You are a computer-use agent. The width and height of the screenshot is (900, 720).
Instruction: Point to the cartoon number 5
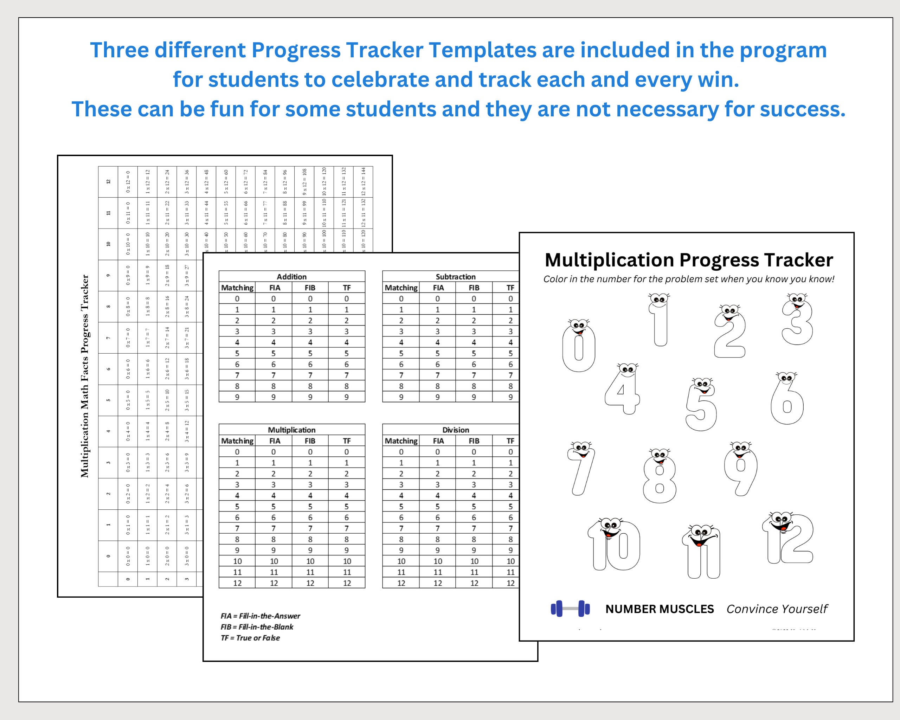pyautogui.click(x=701, y=405)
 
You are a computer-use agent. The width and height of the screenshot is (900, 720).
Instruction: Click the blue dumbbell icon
pyautogui.click(x=570, y=609)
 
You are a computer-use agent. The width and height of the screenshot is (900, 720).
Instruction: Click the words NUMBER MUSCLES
pyautogui.click(x=660, y=609)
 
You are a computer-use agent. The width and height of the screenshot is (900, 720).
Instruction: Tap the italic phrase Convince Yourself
pyautogui.click(x=777, y=609)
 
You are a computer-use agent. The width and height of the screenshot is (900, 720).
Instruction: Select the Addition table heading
pyautogui.click(x=291, y=276)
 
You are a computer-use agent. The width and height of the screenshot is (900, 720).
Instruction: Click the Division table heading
pyautogui.click(x=455, y=430)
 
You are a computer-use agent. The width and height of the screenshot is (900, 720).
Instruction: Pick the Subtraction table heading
pyautogui.click(x=455, y=276)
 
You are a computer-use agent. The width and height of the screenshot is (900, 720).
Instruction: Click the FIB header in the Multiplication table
pyautogui.click(x=310, y=441)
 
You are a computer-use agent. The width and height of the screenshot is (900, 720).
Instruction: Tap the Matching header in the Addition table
pyautogui.click(x=237, y=288)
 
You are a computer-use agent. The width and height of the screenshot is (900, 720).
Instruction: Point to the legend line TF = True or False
pyautogui.click(x=250, y=638)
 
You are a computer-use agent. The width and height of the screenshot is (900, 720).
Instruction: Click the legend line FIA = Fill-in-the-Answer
pyautogui.click(x=260, y=616)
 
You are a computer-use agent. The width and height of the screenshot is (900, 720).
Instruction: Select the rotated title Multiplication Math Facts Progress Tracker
pyautogui.click(x=85, y=376)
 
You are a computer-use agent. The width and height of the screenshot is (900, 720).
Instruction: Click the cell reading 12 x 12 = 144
pyautogui.click(x=363, y=181)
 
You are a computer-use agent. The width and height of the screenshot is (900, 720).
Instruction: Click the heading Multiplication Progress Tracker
pyautogui.click(x=689, y=259)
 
